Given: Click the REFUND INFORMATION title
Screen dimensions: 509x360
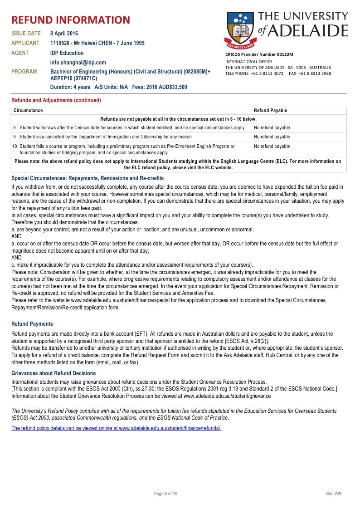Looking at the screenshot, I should tap(71, 20).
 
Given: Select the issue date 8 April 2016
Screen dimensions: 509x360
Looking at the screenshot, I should tap(64, 34).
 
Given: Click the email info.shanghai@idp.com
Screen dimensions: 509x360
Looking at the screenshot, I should tap(78, 63).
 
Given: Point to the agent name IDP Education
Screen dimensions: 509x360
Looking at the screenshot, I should tap(67, 53).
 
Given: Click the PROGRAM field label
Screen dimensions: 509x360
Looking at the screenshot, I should tap(24, 72).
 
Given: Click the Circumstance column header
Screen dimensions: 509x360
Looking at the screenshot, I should tap(28, 110).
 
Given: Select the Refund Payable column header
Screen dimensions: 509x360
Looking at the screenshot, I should tap(270, 110).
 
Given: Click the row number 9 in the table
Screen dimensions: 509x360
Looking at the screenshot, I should tap(15, 137).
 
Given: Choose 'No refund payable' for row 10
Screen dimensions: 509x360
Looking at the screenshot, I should tap(272, 147).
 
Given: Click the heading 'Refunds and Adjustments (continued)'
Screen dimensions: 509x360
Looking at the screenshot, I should tap(56, 100).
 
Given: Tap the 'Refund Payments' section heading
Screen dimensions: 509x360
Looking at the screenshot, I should tap(32, 324).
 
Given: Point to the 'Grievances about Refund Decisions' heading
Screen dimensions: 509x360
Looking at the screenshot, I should tap(54, 373).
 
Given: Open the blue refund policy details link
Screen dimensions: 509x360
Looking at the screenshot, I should tap(116, 428).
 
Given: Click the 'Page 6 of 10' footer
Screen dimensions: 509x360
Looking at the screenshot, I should tap(166, 493).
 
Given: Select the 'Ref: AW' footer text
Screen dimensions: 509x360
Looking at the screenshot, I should tap(334, 493).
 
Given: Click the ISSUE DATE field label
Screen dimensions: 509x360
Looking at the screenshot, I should tap(26, 34).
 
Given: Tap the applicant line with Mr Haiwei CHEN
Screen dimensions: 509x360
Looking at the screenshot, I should tap(97, 43).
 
